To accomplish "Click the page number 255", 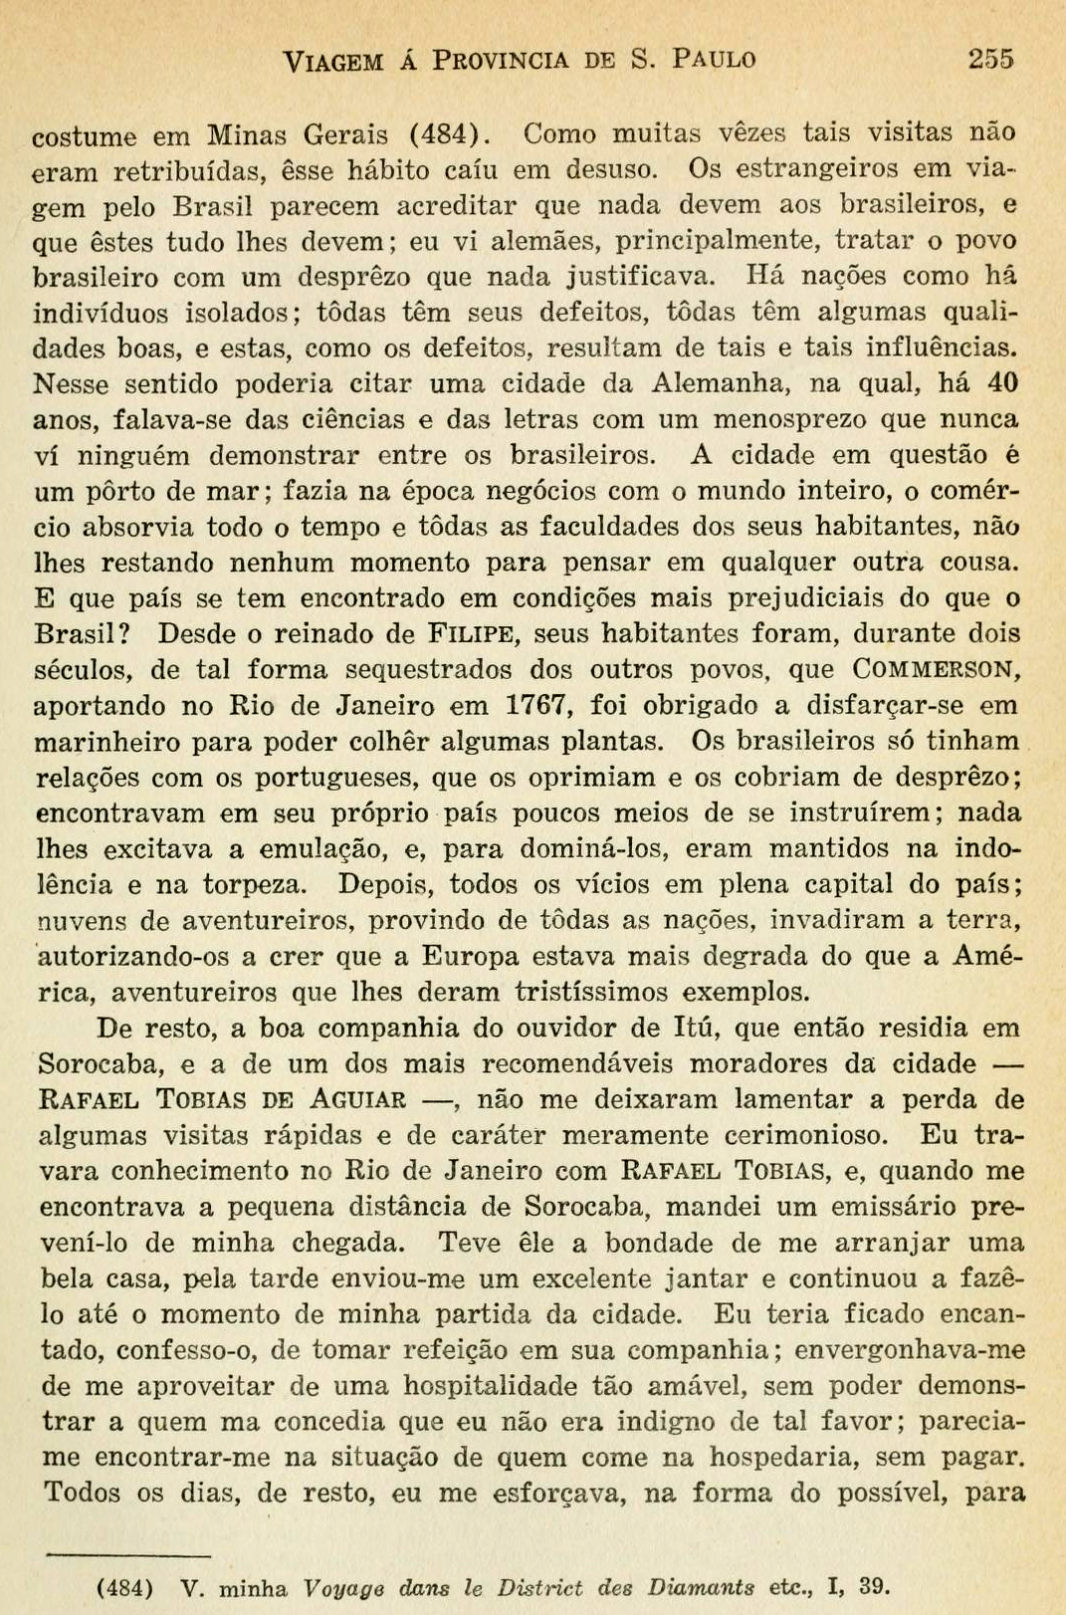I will click(x=990, y=58).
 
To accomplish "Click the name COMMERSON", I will click(x=936, y=670).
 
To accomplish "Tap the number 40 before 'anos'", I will click(x=1004, y=383).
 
